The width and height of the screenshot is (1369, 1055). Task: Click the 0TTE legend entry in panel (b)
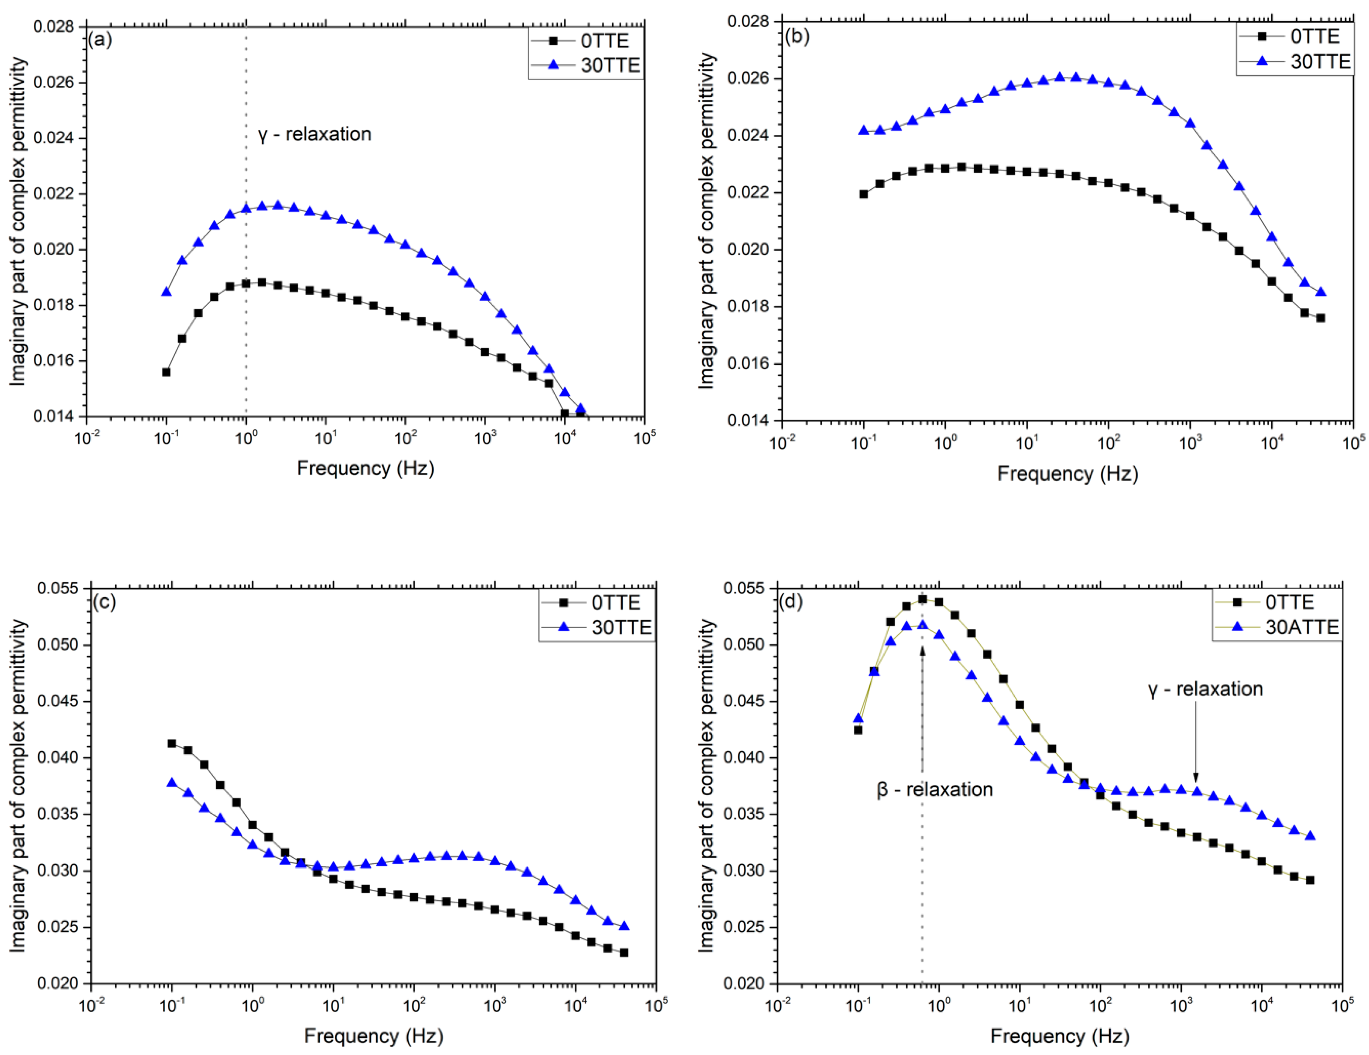pyautogui.click(x=1314, y=37)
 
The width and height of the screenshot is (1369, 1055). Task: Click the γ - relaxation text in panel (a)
pyautogui.click(x=315, y=134)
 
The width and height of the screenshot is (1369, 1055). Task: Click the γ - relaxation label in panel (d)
pyautogui.click(x=1205, y=689)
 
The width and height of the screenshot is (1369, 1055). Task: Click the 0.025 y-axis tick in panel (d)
pyautogui.click(x=744, y=927)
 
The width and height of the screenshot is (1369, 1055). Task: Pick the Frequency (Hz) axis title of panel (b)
pyautogui.click(x=1067, y=473)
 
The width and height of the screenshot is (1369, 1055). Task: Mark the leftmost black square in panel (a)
pyautogui.click(x=166, y=372)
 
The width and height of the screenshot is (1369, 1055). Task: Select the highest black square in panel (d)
pyautogui.click(x=922, y=599)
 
